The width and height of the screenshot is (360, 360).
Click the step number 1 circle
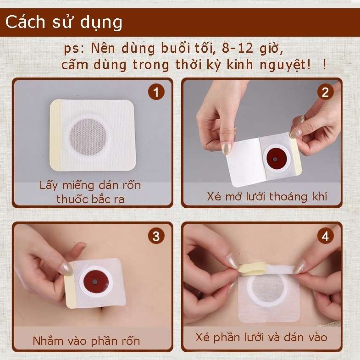[x=156, y=92]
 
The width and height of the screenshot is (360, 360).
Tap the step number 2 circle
[x=325, y=92]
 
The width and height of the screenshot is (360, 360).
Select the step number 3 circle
[x=156, y=236]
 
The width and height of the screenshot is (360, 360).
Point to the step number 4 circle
[x=325, y=236]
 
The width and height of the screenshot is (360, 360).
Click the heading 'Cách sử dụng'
[x=64, y=23]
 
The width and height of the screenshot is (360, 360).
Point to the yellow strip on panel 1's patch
[x=55, y=135]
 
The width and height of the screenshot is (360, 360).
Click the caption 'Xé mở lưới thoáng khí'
[x=267, y=197]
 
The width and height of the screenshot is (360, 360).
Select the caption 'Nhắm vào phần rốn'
[x=86, y=341]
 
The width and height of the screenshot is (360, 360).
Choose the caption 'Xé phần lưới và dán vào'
[x=261, y=338]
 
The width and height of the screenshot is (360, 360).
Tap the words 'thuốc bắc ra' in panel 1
[x=90, y=199]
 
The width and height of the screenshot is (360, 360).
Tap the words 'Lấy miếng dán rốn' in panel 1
[x=90, y=185]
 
